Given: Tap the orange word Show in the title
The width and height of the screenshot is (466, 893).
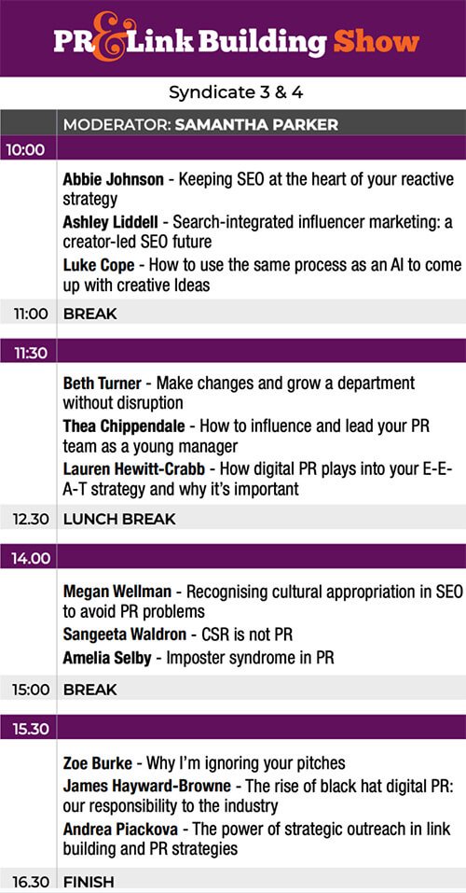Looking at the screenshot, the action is coord(377,42).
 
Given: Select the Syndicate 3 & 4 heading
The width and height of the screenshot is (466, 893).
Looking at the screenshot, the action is coord(236,92).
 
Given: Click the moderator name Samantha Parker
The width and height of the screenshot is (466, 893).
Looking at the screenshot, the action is coord(256,125).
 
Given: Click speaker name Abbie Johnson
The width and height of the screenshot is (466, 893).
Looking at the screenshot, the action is coord(113,180).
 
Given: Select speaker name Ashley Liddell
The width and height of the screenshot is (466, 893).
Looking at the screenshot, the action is coord(110,222).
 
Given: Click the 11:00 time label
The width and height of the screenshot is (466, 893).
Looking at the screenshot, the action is coord(31,314).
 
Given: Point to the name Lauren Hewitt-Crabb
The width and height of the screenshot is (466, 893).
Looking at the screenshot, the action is coord(133,468).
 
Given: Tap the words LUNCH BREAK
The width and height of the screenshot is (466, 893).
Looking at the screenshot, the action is coord(119,519).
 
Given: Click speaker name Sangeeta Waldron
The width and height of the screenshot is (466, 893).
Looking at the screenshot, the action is coord(125,635).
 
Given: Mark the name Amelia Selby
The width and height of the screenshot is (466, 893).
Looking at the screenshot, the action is coord(107,658).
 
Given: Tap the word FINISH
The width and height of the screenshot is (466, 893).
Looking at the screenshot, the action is coord(89,882).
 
